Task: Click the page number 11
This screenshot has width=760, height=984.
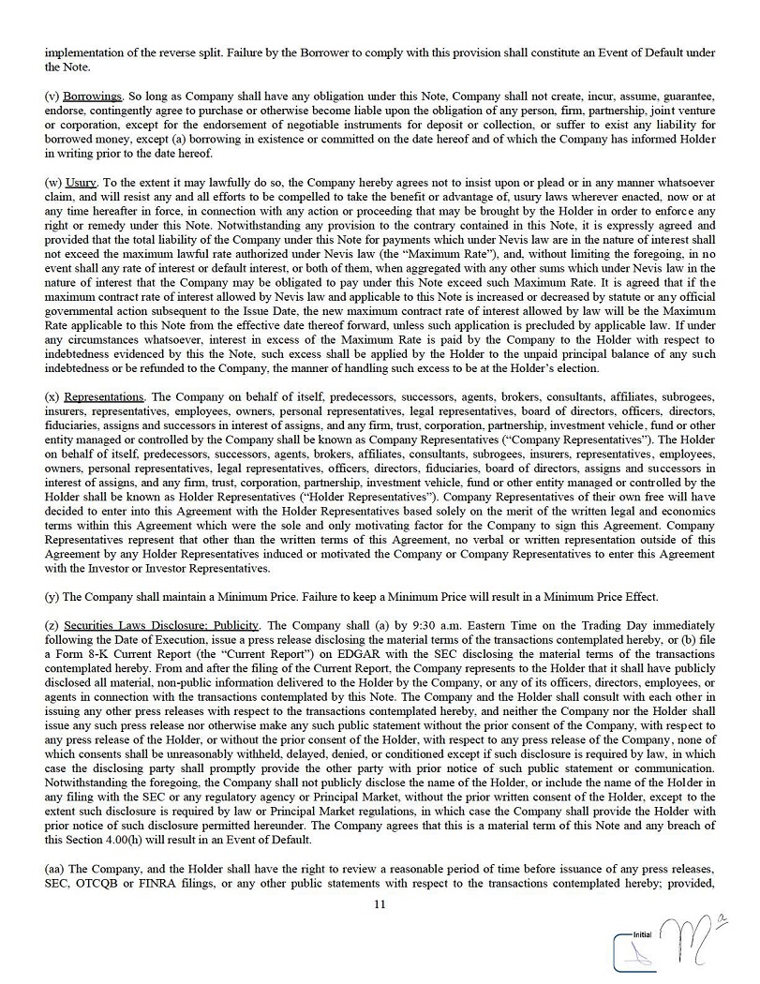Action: (380, 904)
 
